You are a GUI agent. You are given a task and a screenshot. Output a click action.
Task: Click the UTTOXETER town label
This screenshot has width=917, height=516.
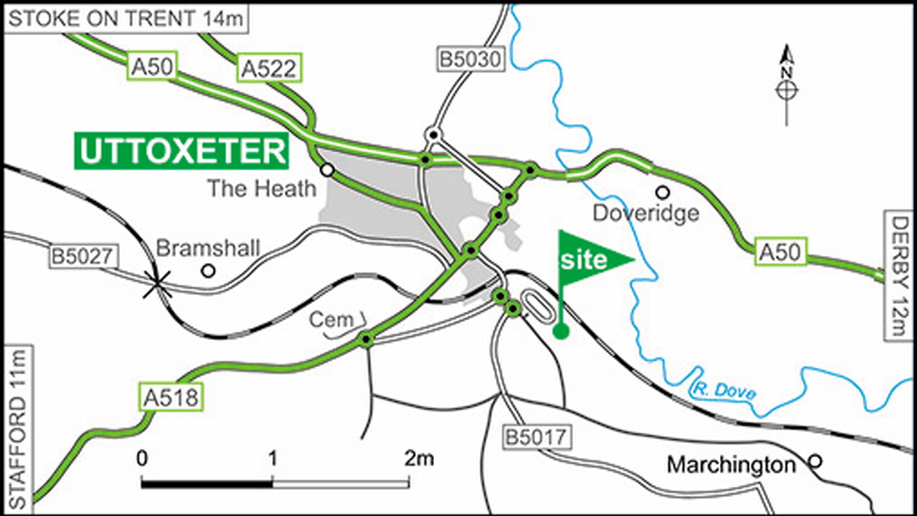pos(182,151)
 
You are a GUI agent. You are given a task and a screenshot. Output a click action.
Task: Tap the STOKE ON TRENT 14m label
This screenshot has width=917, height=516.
pos(127,19)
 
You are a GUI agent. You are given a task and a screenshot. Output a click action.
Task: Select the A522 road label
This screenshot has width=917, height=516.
pos(268,68)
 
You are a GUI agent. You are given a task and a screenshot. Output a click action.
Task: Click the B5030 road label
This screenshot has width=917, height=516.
pos(472,59)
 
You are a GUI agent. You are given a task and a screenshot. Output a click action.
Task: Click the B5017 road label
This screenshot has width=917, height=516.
pos(537,438)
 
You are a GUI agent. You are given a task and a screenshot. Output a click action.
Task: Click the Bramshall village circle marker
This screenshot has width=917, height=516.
pos(207,270)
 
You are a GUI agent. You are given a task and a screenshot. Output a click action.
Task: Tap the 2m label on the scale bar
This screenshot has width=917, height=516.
pos(419,459)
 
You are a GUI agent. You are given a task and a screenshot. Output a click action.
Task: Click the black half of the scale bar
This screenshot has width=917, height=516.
pos(207,483)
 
